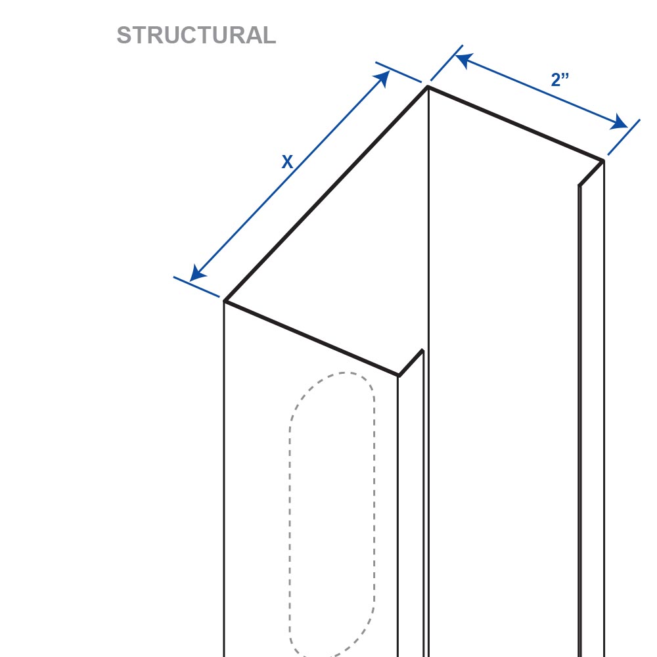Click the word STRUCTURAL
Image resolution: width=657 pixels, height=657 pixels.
click(196, 35)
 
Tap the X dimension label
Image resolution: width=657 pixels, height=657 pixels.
click(287, 162)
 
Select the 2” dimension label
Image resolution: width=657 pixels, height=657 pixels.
click(560, 79)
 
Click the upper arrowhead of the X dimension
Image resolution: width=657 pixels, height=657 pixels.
click(382, 78)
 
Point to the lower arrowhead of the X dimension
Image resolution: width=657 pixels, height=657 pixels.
click(197, 273)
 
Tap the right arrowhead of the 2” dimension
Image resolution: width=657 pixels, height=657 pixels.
click(619, 122)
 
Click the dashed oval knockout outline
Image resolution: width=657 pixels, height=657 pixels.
click(289, 503)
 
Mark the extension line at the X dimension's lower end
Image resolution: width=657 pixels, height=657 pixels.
click(196, 287)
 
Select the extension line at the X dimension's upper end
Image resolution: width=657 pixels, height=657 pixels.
click(399, 72)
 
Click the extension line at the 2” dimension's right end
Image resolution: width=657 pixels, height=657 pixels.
click(624, 137)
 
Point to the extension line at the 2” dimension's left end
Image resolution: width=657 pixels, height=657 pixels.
click(447, 63)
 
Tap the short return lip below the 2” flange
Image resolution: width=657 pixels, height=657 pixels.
click(591, 173)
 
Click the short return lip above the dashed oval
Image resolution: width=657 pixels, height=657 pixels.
click(411, 363)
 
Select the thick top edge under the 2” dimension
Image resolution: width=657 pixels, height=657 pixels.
click(516, 124)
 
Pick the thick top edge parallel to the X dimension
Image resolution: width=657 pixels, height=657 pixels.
click(326, 194)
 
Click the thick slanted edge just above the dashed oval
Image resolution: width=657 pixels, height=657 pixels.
click(311, 338)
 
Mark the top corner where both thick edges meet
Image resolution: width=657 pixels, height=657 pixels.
click(428, 87)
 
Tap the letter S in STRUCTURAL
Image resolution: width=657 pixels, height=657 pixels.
click(124, 35)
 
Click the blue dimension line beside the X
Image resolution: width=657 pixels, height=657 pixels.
click(290, 176)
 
